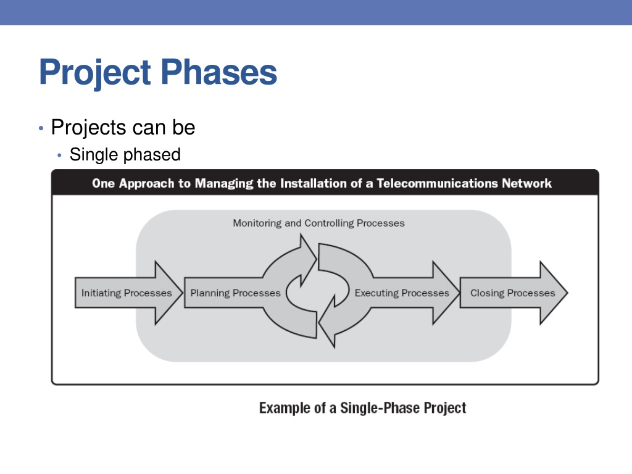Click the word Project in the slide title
95,73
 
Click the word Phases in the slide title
219,72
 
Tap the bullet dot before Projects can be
41,128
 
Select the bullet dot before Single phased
60,155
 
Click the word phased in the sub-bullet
153,155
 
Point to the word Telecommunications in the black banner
438,183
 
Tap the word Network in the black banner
526,183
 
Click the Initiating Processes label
127,293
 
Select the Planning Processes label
235,293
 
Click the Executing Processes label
402,293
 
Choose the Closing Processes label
513,293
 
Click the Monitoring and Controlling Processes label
319,223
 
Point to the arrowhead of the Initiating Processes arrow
182,293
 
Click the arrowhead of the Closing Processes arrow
567,293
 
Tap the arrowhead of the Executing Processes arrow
459,293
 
